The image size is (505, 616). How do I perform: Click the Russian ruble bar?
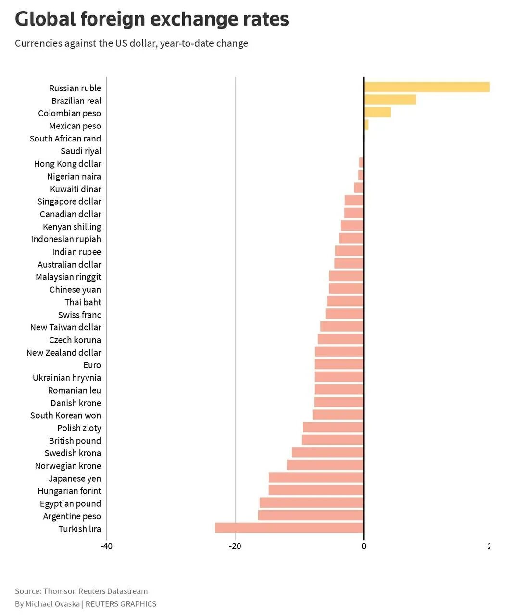(x=427, y=87)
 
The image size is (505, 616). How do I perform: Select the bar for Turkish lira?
(x=289, y=528)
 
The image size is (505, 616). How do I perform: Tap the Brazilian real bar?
(x=390, y=100)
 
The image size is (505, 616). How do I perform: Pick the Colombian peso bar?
(x=377, y=112)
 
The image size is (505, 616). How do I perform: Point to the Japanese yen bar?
(x=316, y=477)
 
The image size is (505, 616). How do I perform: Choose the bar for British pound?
(x=332, y=440)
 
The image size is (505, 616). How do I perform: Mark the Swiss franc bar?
(x=344, y=314)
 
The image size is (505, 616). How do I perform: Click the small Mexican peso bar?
(x=366, y=125)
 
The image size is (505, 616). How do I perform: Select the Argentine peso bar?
(x=311, y=515)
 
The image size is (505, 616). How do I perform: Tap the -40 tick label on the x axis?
(x=107, y=546)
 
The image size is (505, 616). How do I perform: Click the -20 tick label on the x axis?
(x=235, y=546)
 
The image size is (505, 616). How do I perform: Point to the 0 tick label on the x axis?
(x=364, y=546)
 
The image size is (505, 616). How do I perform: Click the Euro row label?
(x=92, y=365)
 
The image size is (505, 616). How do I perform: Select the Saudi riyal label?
(x=81, y=151)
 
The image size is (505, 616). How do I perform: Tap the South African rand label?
(x=65, y=139)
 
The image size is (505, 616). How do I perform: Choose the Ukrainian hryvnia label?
(x=67, y=378)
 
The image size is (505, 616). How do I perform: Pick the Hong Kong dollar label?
(x=67, y=164)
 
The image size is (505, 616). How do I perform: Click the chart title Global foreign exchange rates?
(x=152, y=19)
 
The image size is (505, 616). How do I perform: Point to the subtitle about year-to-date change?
(x=131, y=43)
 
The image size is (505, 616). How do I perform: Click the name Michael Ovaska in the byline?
(x=52, y=604)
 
